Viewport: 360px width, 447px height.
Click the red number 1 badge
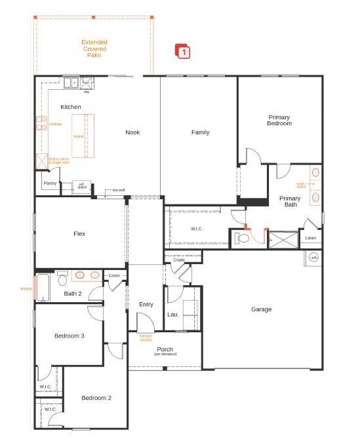[x=183, y=50]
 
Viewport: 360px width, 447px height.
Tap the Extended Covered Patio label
[x=94, y=49]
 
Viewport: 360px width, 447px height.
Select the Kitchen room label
[x=71, y=107]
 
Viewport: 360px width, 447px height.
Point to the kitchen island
[x=84, y=136]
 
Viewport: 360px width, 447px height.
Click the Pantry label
[x=50, y=184]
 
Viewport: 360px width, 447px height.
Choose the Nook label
[x=133, y=132]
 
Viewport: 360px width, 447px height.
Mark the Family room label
[x=200, y=132]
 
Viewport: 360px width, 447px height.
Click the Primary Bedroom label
[x=279, y=120]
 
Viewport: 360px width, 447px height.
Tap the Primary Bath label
[x=290, y=201]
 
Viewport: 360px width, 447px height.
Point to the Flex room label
[x=79, y=234]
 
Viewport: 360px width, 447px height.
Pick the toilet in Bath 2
[x=62, y=280]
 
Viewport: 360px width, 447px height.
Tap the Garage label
[x=261, y=309]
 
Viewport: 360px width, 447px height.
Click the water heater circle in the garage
[x=313, y=258]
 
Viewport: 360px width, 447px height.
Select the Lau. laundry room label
[x=173, y=315]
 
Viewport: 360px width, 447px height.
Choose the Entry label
[x=146, y=304]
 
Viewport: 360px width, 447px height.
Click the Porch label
[x=165, y=351]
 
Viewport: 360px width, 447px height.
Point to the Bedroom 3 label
[x=69, y=336]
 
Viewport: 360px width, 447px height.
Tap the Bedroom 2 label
[x=96, y=398]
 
